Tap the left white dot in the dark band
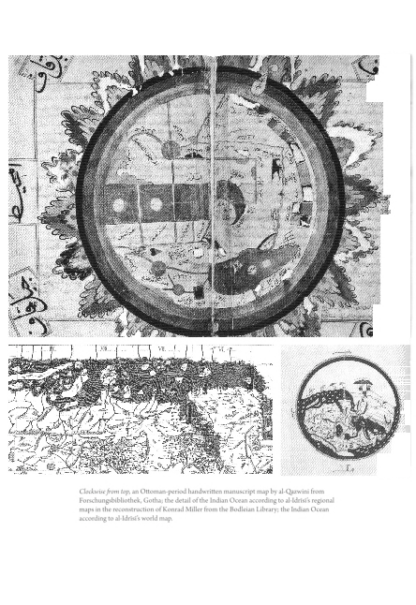tap(120, 204)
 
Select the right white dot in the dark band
tap(156, 204)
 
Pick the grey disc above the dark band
tap(171, 149)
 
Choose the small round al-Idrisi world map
tap(347, 408)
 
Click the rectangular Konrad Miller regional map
tap(141, 409)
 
